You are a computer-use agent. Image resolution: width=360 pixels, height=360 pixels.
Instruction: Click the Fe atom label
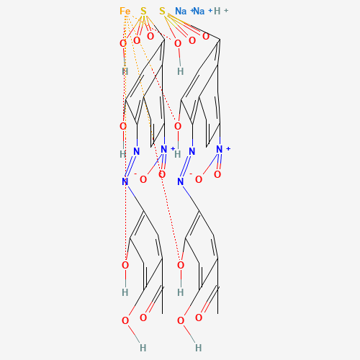point(125,11)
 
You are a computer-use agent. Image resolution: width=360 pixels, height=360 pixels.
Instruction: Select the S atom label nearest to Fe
point(143,11)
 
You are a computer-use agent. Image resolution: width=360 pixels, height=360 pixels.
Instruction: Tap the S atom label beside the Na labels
point(162,11)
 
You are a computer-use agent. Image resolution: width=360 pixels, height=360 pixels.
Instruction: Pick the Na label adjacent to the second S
point(181,11)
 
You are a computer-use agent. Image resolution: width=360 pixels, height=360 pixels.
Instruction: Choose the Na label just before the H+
point(199,11)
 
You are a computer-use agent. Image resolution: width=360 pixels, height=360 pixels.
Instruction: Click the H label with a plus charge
point(217,11)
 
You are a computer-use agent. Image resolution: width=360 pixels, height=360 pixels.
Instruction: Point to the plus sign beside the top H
point(226,11)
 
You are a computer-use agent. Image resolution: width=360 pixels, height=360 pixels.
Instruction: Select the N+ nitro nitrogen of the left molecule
point(164,149)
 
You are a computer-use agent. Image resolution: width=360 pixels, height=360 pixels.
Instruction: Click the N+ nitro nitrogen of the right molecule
point(220,149)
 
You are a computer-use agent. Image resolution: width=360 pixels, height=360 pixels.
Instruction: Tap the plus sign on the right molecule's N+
point(228,149)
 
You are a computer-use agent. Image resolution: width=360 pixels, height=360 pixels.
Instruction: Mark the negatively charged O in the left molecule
point(143,179)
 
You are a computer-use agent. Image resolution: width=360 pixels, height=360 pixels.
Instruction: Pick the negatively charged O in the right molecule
point(199,179)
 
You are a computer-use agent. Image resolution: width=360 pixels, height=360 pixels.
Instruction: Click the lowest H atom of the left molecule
point(143,348)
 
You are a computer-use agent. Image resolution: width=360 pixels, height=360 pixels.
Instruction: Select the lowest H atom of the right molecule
point(199,348)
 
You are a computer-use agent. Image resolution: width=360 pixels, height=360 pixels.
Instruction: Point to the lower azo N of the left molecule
point(125,181)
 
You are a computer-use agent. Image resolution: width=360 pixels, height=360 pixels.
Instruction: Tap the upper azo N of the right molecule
point(192,151)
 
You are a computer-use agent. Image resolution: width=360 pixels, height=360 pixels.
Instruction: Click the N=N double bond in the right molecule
point(186,166)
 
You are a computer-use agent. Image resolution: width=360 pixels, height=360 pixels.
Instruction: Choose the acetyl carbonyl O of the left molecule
point(143,318)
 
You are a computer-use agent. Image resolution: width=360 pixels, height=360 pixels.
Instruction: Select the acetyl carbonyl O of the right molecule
point(199,318)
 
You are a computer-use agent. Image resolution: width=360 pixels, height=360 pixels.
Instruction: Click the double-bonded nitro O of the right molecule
point(217,174)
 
